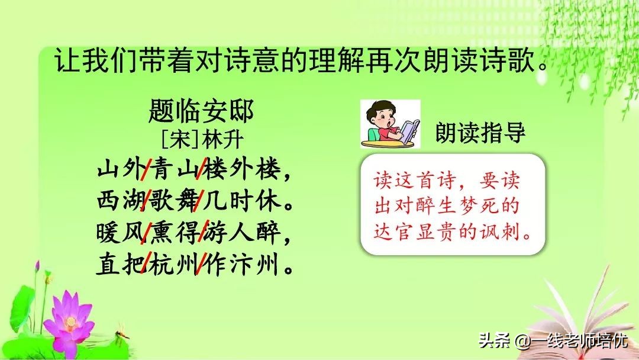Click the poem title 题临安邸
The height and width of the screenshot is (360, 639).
[201, 111]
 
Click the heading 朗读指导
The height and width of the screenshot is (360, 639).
[480, 133]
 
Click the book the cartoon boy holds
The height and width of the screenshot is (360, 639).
[409, 130]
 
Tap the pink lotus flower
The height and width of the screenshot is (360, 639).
[70, 320]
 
